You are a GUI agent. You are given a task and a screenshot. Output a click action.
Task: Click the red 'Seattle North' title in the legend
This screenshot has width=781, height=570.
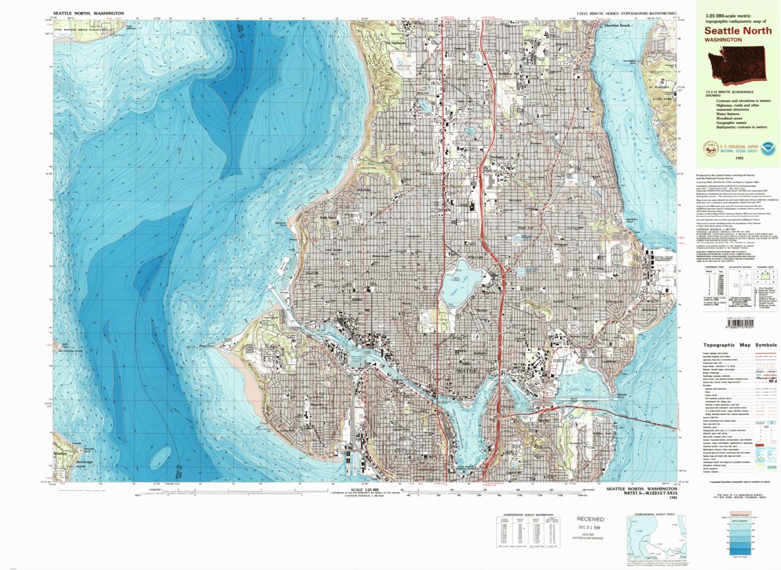(x=733, y=30)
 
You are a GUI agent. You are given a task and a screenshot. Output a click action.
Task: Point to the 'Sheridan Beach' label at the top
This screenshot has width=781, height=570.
(x=618, y=26)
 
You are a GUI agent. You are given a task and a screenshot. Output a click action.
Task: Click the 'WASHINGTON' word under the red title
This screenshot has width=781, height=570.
(x=722, y=40)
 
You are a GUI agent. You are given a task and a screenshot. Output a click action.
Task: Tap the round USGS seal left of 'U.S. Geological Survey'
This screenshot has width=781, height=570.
(x=710, y=150)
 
